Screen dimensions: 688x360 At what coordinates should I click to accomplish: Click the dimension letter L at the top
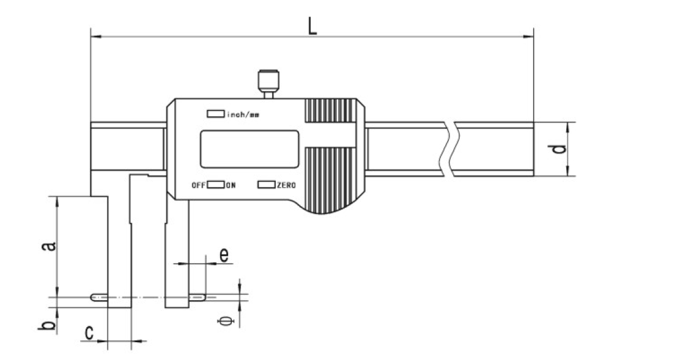coord(312,26)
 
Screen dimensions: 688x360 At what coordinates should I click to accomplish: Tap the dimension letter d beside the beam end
coord(559,149)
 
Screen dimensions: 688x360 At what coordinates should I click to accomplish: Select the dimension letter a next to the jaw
coord(50,246)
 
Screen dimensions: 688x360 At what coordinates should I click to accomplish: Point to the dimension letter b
coord(49,325)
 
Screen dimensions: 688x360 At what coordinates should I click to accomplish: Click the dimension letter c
coord(89,333)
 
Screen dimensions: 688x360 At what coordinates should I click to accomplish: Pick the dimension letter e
coord(224,254)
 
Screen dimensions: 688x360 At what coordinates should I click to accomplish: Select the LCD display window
coord(250,149)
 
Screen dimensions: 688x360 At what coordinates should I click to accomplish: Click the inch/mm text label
coord(243,114)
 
